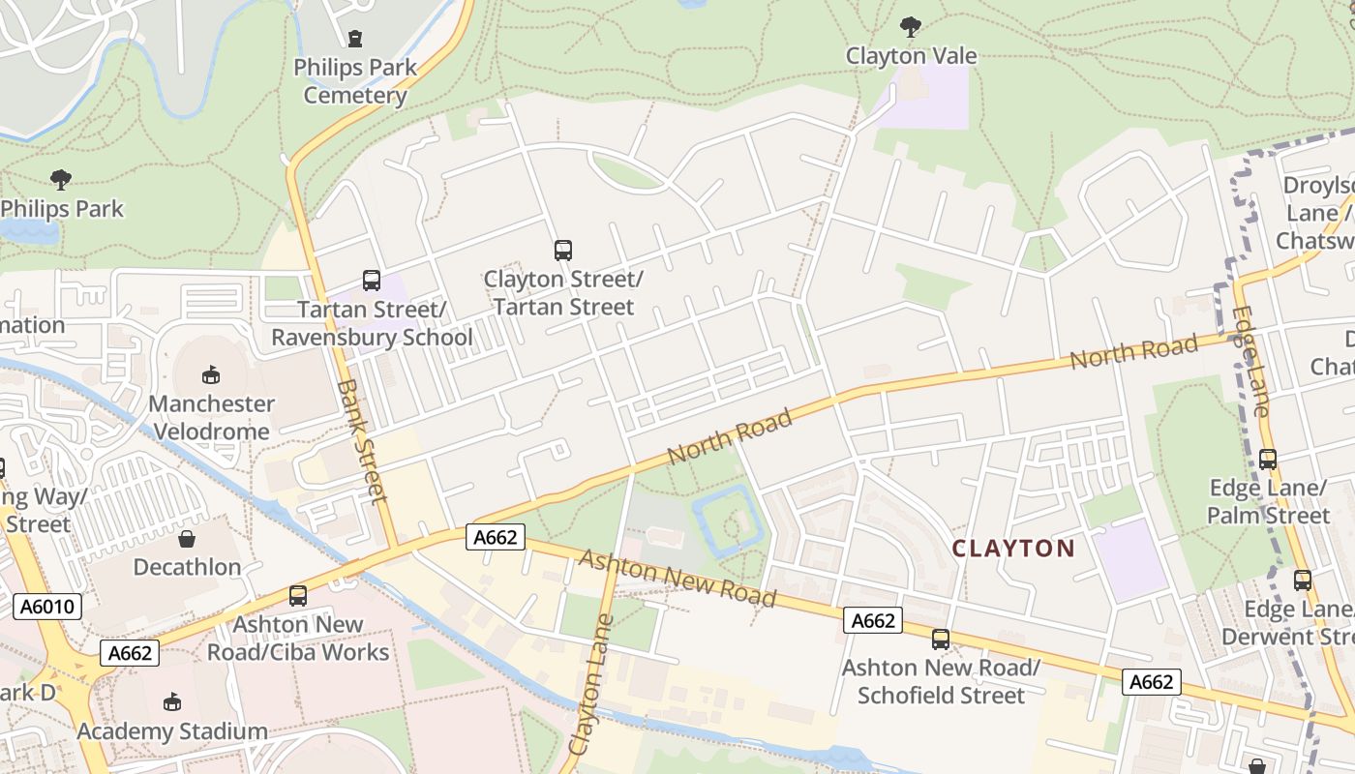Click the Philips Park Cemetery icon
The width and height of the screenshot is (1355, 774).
click(x=355, y=40)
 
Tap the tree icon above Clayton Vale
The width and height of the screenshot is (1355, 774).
click(x=910, y=27)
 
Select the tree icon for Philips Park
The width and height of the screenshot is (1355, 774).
click(x=61, y=180)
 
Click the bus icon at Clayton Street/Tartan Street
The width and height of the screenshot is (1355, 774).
click(x=563, y=251)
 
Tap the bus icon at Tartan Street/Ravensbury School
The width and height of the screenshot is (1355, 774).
click(x=371, y=281)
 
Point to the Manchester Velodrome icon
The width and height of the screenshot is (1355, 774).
click(x=211, y=374)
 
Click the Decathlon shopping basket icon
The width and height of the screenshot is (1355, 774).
click(x=187, y=538)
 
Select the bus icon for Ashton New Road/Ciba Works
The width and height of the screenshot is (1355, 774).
click(x=298, y=596)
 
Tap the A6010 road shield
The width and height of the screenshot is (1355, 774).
click(x=47, y=607)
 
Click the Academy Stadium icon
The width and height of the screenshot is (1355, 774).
click(x=172, y=701)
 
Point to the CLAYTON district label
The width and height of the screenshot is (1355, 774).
click(x=1012, y=549)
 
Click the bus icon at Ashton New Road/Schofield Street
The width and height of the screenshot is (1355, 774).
click(x=940, y=639)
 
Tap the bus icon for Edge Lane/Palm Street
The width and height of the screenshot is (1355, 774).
click(x=1268, y=460)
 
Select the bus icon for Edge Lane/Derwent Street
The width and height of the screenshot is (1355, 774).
click(x=1303, y=580)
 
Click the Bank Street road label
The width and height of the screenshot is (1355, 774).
click(x=362, y=441)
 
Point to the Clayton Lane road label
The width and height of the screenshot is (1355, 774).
click(x=591, y=685)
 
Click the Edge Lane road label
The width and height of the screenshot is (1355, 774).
click(x=1250, y=362)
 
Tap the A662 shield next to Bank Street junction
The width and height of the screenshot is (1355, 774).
click(x=496, y=538)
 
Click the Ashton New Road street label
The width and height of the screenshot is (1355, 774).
click(x=677, y=579)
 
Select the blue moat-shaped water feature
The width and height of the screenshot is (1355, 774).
click(x=728, y=522)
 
